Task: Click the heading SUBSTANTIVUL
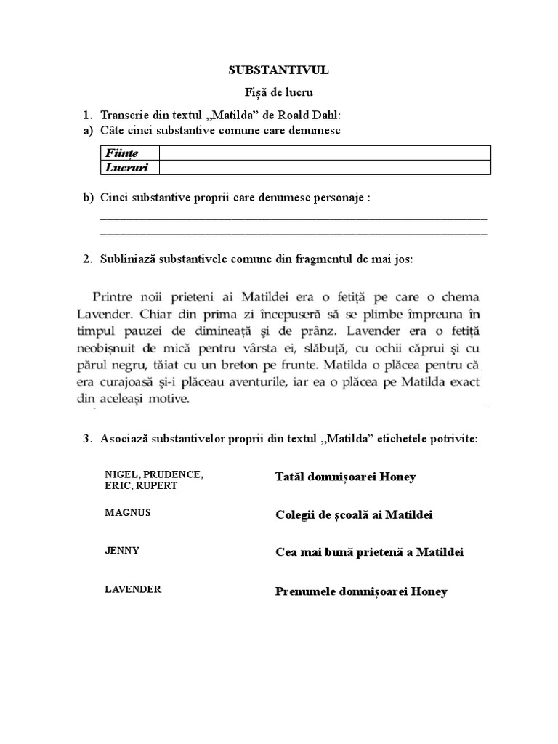[279, 70]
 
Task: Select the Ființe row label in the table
[121, 153]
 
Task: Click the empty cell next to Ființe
[325, 153]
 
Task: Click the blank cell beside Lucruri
[325, 167]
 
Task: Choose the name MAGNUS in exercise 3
[127, 512]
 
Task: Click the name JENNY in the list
[122, 550]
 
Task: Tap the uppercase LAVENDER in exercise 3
[133, 589]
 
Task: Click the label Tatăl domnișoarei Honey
[345, 477]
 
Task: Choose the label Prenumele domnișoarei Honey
[361, 591]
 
